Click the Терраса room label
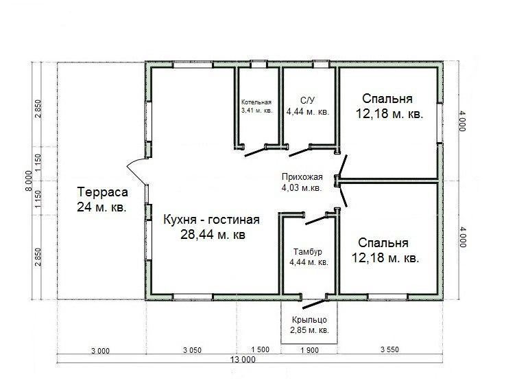coord(102,192)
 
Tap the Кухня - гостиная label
coord(212,220)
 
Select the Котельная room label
coord(256,102)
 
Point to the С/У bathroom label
coord(307,100)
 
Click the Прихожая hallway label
coord(302,177)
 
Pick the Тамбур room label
coord(308,252)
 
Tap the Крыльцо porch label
coord(309,320)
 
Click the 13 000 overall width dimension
coord(243,359)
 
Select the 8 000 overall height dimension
coord(29,181)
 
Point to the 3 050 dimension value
coord(192,350)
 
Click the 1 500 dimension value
coord(260,349)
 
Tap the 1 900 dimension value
coord(309,350)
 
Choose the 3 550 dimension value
coord(389,349)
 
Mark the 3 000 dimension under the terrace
coord(100,351)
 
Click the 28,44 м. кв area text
coord(213,235)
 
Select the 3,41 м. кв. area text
coord(257,111)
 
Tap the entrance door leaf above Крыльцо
coord(313,304)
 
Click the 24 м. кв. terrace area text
coord(101,207)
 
